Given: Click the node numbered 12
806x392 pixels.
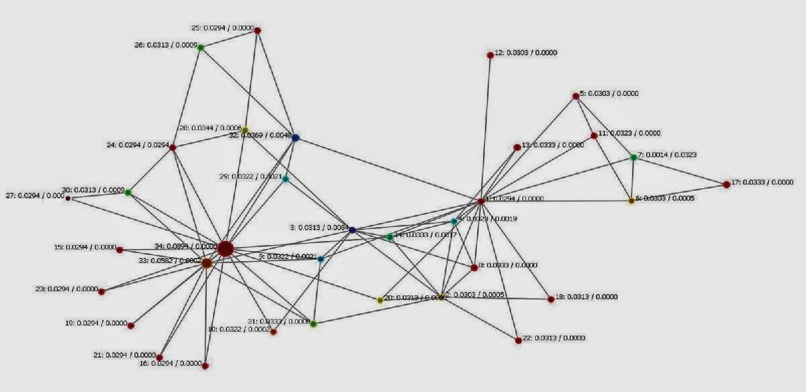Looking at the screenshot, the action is tap(490, 55).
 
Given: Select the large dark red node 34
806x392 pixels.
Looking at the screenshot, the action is tap(225, 249).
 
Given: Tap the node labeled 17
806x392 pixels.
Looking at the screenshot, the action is tap(726, 184).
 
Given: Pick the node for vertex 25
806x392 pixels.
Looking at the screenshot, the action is tap(257, 30).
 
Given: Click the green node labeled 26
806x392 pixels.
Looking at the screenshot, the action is tap(200, 47).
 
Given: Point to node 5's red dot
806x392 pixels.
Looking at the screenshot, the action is tap(576, 96).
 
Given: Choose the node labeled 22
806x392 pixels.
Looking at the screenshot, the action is tap(518, 340).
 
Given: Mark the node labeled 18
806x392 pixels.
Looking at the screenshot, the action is tap(551, 299).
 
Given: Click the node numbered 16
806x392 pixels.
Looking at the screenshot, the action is tap(205, 366).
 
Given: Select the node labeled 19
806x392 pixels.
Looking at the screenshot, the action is tap(131, 326).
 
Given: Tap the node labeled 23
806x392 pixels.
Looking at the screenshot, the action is tap(101, 291).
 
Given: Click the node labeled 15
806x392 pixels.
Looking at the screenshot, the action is tap(120, 250).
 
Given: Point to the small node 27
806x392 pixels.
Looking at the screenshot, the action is tap(68, 198).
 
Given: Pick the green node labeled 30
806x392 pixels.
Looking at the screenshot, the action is tap(128, 193).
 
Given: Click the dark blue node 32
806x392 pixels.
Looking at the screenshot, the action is tap(295, 138).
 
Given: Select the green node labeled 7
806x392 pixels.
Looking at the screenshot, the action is tap(633, 157).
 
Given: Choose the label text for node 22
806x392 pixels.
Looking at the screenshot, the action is tap(555, 338).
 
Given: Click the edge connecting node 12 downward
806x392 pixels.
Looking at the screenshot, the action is tap(486, 128).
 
